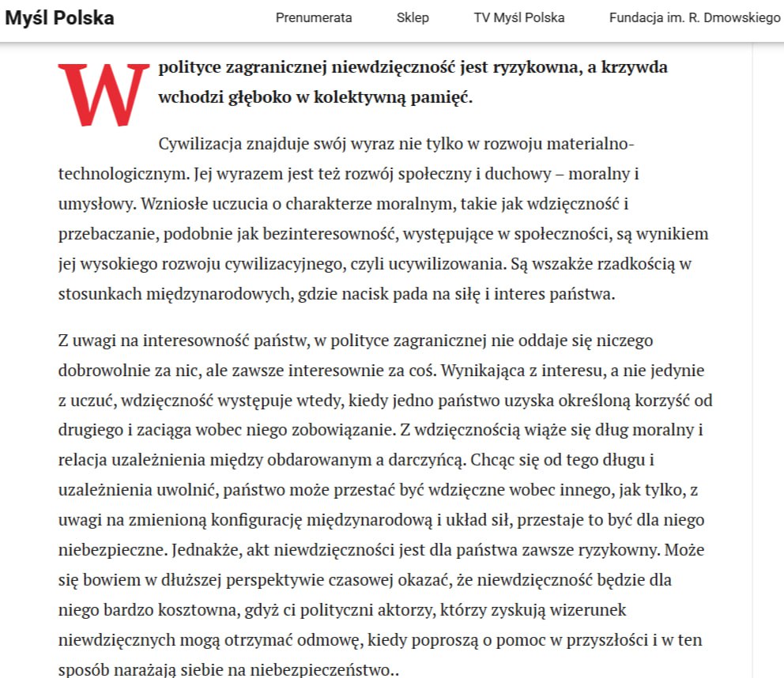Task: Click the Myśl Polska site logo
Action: [59, 17]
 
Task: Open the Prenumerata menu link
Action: [314, 17]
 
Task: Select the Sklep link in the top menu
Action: [413, 17]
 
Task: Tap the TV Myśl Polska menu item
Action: [519, 17]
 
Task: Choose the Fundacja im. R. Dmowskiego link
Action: [694, 17]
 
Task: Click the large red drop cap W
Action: [103, 94]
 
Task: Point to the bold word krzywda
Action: [635, 67]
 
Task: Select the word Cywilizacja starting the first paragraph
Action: [201, 144]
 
